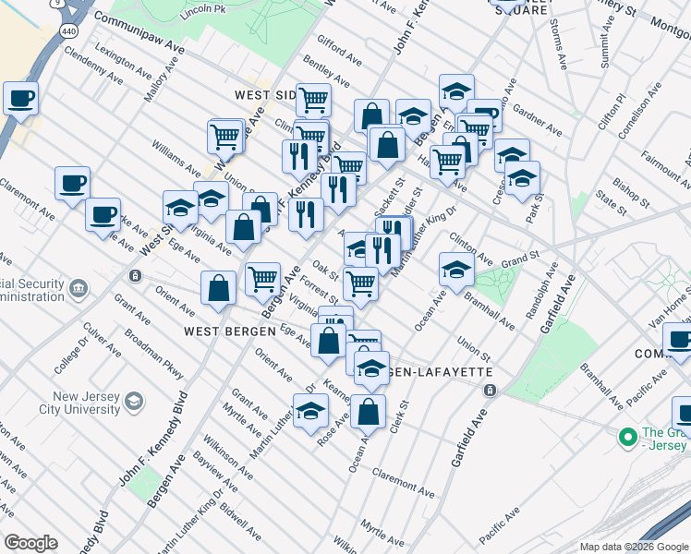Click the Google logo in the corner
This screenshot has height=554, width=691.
[30, 543]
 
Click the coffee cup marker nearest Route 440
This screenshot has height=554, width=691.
[20, 97]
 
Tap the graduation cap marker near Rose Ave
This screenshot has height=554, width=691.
[311, 412]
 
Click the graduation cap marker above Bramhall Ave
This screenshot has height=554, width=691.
[456, 269]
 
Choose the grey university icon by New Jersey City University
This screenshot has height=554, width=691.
[134, 401]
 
